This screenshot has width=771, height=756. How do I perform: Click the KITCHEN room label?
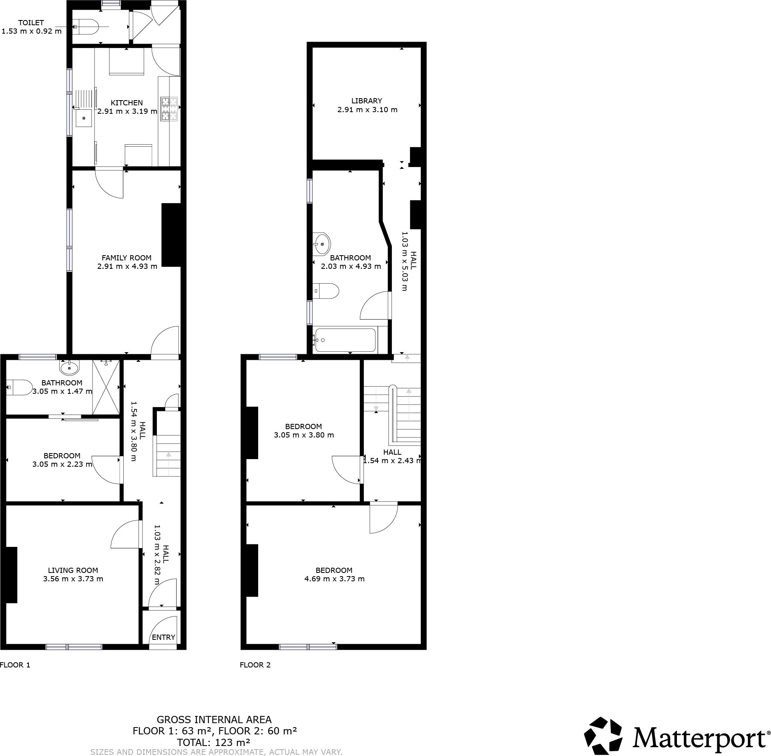coord(126,103)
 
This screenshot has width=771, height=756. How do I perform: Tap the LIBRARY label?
coord(367,101)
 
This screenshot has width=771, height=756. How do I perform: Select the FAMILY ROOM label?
coord(126,258)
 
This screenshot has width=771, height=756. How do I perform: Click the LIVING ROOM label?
coord(73,570)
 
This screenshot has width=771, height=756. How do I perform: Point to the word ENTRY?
coord(163,637)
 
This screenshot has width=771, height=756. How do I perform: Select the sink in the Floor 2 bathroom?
coord(322,243)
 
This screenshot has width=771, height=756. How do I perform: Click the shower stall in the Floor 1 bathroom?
coord(106,387)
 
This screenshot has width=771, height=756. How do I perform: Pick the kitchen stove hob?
coord(169,109)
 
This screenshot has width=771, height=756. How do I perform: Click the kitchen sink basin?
coord(84,118)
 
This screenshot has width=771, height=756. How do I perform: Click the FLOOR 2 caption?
coord(255,665)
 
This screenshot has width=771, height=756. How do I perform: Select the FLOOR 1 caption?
coord(15,665)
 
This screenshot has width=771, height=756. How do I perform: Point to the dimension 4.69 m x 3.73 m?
coord(334,579)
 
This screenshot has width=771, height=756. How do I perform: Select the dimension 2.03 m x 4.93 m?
coord(351,266)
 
